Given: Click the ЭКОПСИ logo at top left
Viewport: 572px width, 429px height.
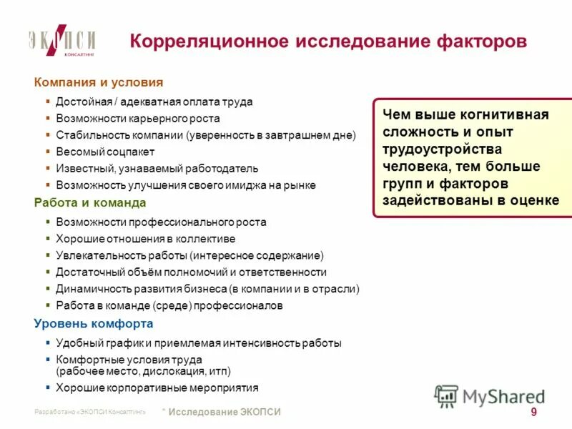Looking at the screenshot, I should [62, 42].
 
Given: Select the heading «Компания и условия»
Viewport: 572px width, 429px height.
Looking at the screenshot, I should [99, 82].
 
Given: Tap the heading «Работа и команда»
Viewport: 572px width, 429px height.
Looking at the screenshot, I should [90, 202].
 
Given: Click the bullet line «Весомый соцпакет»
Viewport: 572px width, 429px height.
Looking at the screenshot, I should [105, 152].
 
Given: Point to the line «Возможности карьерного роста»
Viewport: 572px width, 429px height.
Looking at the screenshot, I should [138, 119].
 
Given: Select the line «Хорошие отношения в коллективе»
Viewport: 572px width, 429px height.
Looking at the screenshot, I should [145, 239].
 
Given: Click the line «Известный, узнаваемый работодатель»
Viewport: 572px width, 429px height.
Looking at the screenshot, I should [157, 169].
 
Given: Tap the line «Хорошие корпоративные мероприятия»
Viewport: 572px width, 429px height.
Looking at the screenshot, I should [157, 388].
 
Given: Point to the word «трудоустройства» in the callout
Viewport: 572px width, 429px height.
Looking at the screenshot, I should [442, 149].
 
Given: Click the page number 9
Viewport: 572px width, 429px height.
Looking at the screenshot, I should [534, 412].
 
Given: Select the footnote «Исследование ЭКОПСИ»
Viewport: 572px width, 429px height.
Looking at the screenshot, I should [225, 412].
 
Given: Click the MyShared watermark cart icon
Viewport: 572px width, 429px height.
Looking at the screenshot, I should [447, 395].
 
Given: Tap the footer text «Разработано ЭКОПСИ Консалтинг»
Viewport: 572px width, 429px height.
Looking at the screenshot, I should [89, 413].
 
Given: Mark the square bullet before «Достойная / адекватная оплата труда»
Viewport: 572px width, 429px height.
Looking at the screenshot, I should [47, 102].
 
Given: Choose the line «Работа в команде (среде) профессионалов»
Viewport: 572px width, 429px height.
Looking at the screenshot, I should [169, 305].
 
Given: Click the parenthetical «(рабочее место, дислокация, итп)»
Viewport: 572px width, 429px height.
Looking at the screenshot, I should [143, 372].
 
